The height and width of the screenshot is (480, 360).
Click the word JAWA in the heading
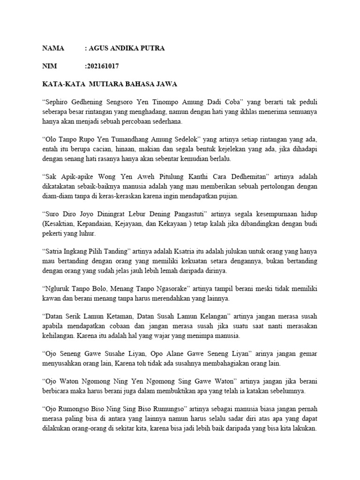tap(166, 84)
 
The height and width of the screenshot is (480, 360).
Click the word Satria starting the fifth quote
tap(55, 251)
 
